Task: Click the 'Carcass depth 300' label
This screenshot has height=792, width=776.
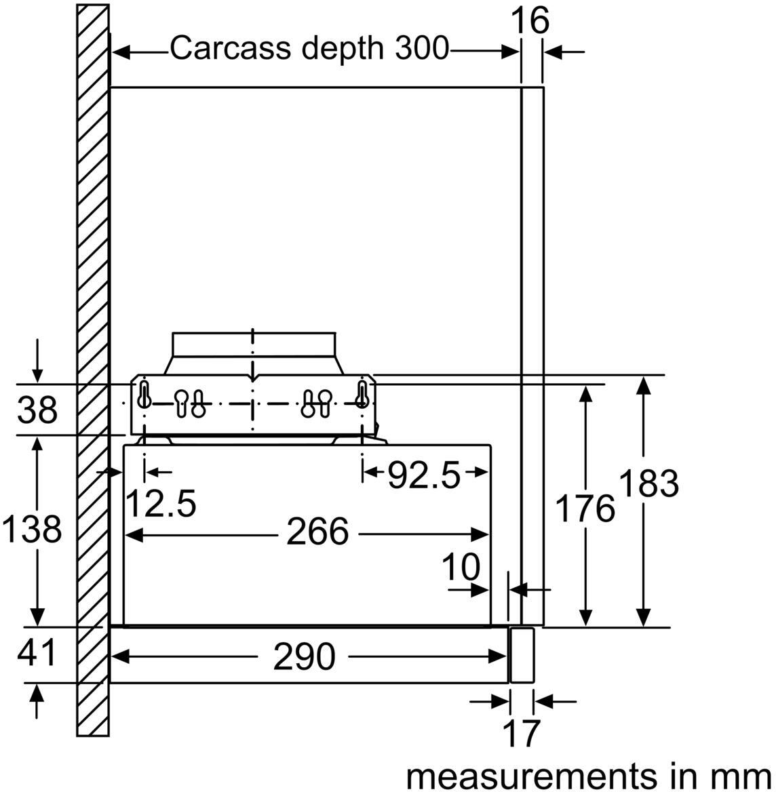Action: pos(309,48)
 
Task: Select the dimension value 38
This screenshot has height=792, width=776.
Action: pos(37,410)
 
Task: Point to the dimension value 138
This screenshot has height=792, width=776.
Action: pos(32,529)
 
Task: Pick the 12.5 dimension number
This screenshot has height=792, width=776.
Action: pos(161,502)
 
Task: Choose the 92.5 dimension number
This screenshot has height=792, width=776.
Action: pos(423,476)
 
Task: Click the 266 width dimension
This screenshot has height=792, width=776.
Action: pos(317,532)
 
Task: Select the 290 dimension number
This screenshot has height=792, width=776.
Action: pos(304,656)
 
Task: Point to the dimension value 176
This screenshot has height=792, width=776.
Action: pos(585,509)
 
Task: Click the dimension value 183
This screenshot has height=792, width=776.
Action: pos(648,484)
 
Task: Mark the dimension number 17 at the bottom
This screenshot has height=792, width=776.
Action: pos(521,734)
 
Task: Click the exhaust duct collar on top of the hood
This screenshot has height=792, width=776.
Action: pos(253,344)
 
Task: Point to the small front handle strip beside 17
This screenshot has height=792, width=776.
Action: pos(522,654)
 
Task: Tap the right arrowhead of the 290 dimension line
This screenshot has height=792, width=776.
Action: pos(501,656)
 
